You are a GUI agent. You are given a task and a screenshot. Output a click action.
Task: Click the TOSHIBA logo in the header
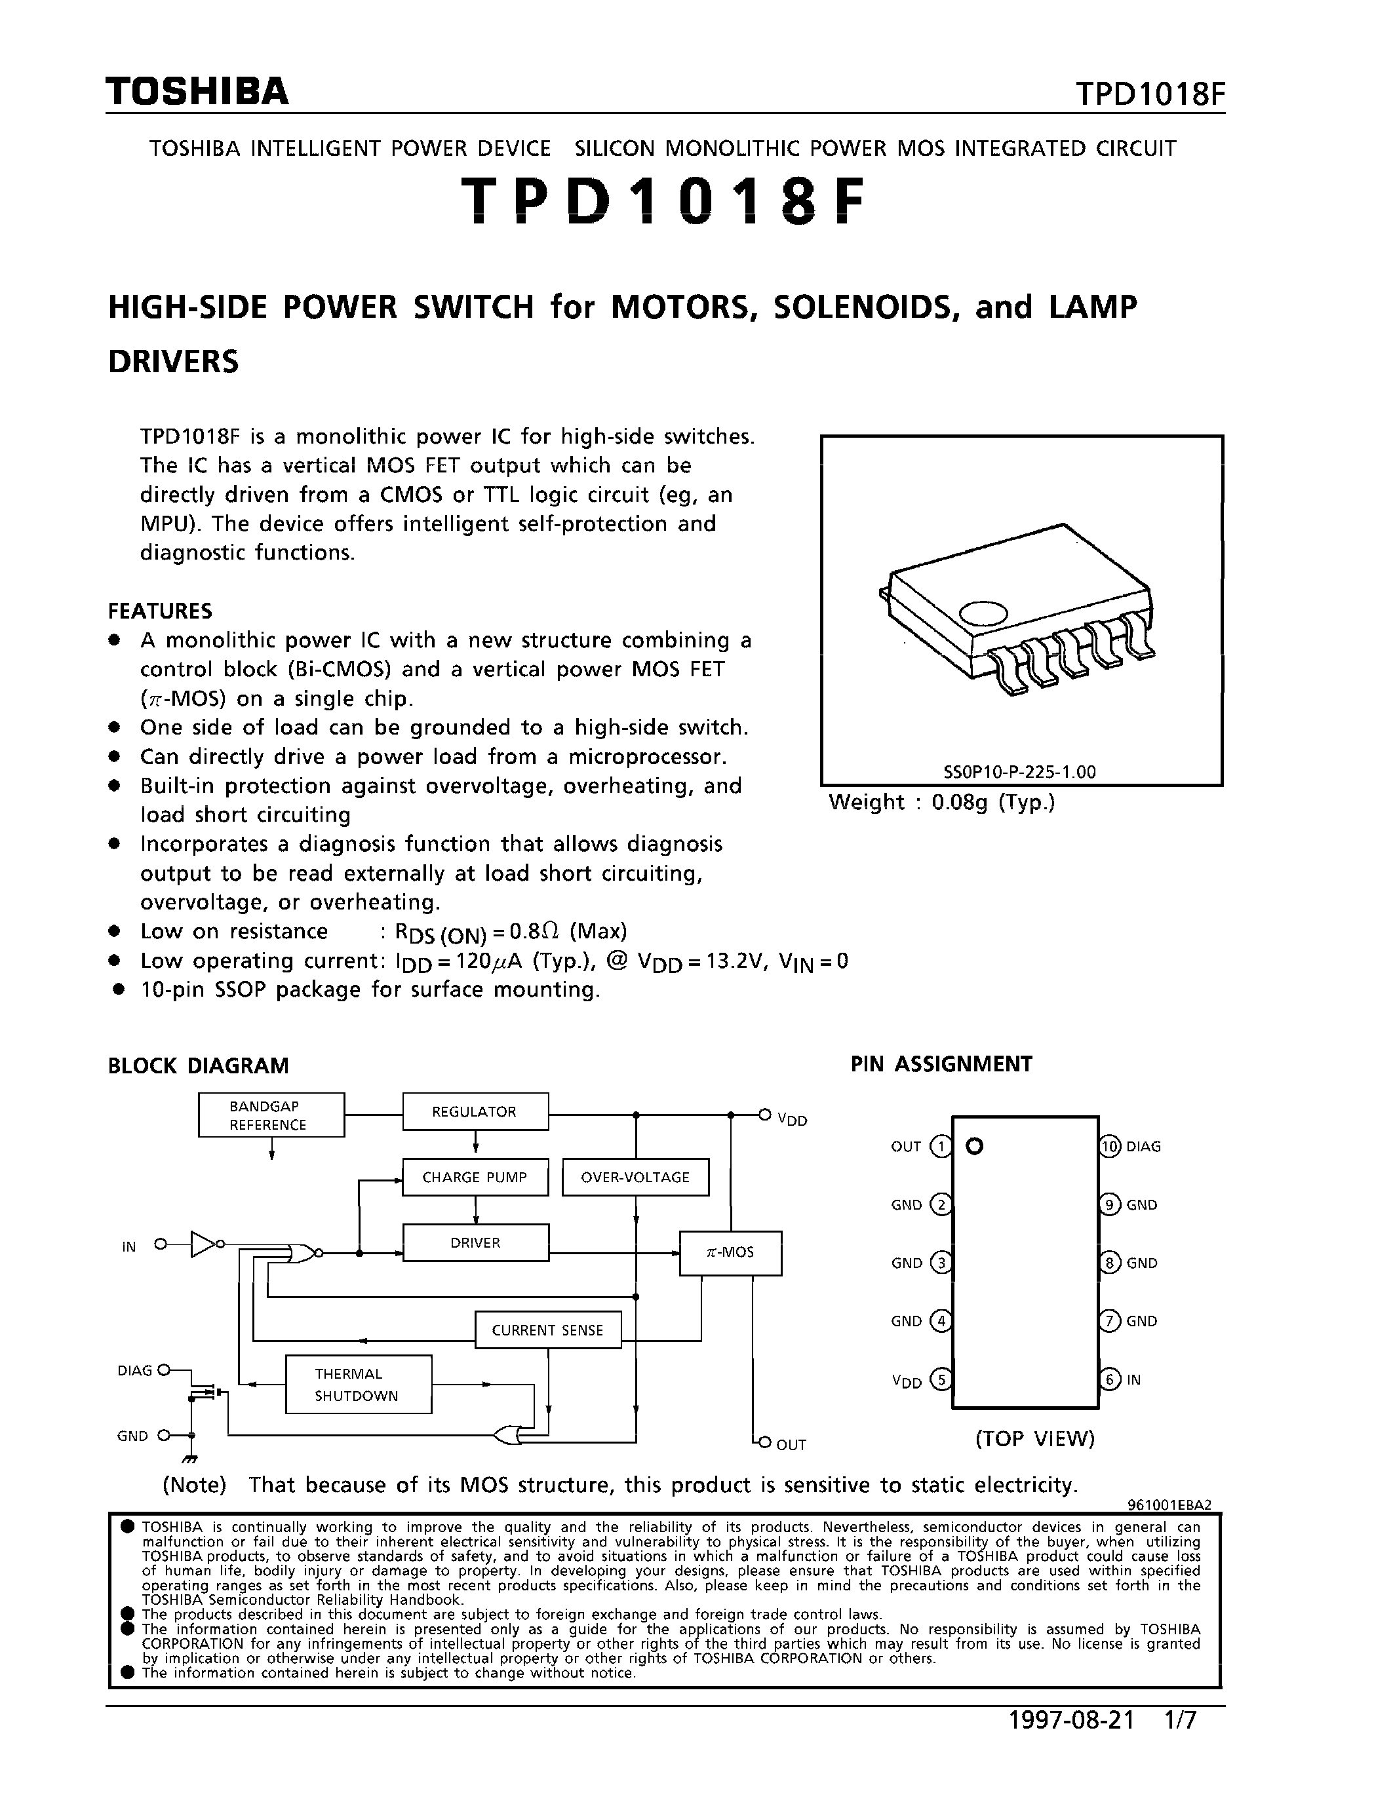[197, 92]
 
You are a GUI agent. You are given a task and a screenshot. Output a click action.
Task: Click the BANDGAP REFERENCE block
[271, 1115]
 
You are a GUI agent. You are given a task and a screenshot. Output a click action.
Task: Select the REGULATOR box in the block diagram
[475, 1111]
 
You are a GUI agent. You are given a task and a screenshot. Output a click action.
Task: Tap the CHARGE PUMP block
[475, 1178]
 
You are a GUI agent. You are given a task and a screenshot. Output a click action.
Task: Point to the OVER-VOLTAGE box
[635, 1178]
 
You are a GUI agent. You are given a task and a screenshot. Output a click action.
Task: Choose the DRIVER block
[475, 1242]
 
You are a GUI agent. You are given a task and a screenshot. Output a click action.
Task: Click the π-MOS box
[730, 1252]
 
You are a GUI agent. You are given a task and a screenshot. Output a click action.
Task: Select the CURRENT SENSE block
[548, 1330]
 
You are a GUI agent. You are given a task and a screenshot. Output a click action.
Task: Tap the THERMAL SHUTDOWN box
[358, 1385]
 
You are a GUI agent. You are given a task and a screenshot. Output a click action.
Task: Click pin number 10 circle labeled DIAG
[1110, 1146]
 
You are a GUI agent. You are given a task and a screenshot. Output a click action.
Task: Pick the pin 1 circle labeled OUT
[940, 1146]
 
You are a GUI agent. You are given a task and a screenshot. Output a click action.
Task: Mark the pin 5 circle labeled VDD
[940, 1379]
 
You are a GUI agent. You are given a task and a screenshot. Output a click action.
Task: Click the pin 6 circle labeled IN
[1110, 1379]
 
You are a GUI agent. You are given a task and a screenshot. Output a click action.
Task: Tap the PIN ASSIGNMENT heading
[941, 1064]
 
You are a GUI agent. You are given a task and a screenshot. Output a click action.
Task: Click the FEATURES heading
[160, 611]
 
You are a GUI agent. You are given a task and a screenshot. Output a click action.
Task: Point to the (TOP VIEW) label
[1035, 1439]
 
